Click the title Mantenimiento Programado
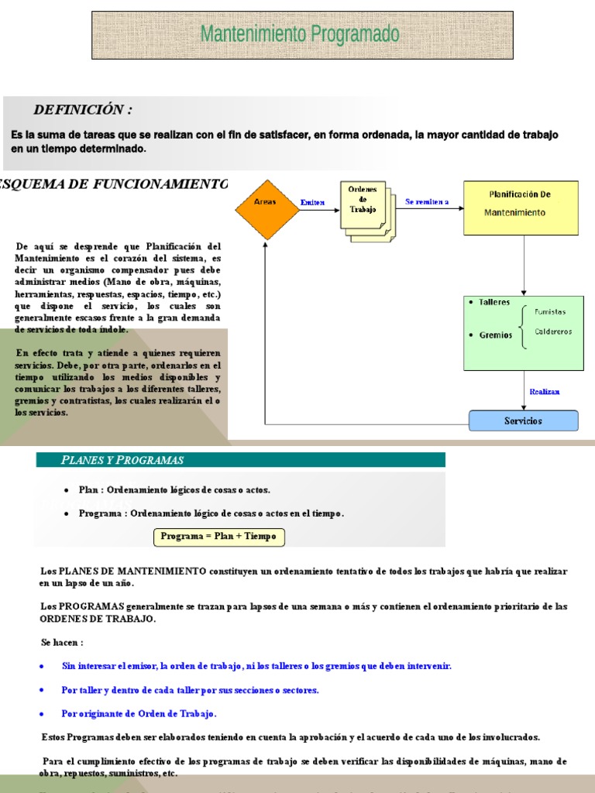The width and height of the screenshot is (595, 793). (x=300, y=35)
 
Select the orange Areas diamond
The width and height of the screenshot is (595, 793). (x=266, y=202)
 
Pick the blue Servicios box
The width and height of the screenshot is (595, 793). (x=524, y=421)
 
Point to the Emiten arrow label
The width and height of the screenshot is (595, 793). (x=312, y=202)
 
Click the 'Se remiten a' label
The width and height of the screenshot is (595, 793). (x=427, y=201)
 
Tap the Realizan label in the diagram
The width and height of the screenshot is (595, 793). (x=545, y=392)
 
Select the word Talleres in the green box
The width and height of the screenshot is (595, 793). (x=495, y=303)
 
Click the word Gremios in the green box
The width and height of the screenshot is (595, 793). (x=495, y=335)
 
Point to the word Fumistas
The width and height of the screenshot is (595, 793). (x=550, y=312)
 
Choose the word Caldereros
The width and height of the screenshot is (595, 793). (x=553, y=331)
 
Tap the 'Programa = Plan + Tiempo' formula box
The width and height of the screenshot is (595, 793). (x=218, y=537)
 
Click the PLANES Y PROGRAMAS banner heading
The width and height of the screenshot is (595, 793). (x=122, y=460)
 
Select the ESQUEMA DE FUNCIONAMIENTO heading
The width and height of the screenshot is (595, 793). (x=115, y=184)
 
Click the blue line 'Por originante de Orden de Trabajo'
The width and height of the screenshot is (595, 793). (x=139, y=713)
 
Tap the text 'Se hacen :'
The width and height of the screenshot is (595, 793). (x=62, y=642)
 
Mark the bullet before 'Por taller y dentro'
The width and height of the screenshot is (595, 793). (x=42, y=689)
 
